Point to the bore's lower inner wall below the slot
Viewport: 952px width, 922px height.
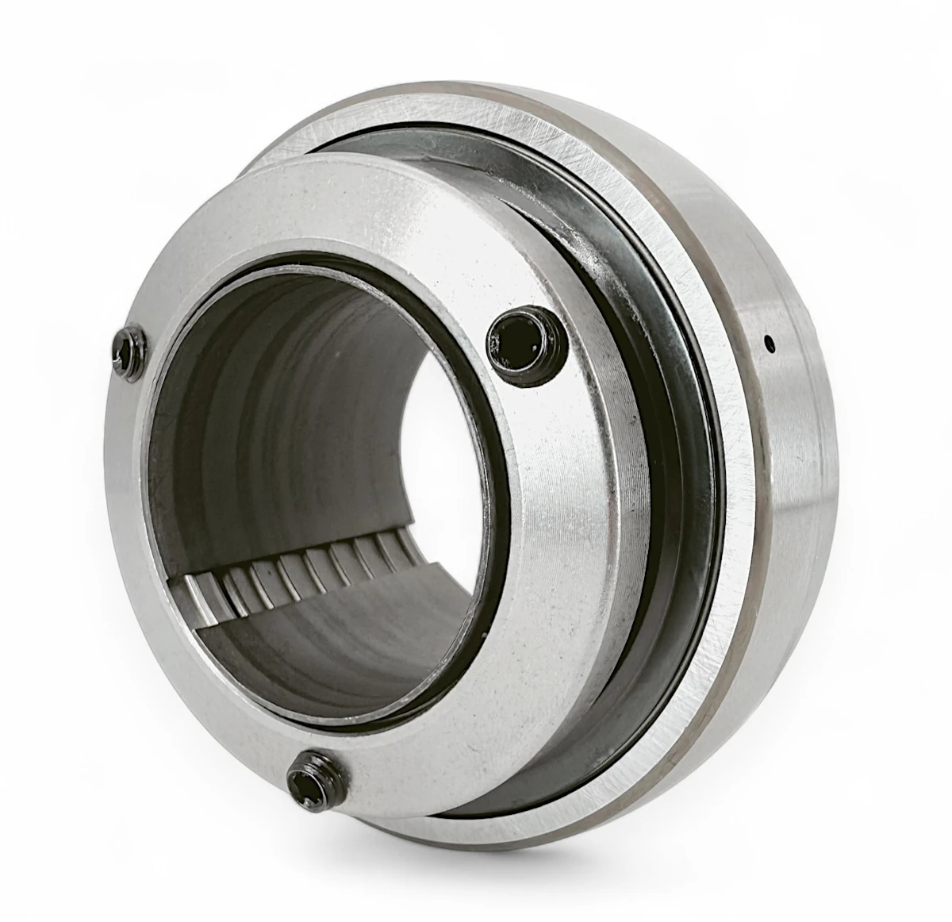(317, 651)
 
